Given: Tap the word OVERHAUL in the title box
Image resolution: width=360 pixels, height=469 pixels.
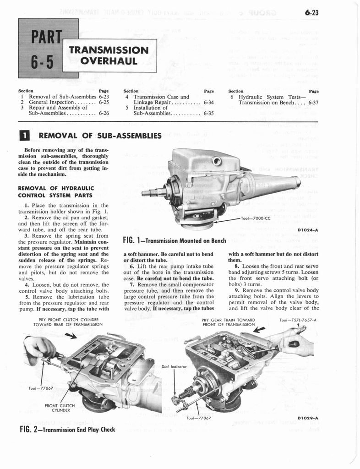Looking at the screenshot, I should [x=109, y=60].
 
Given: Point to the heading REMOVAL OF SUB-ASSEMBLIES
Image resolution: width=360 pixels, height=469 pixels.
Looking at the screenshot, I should [x=100, y=136].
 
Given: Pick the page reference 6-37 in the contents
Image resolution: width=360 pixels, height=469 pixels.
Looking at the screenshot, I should [x=313, y=103].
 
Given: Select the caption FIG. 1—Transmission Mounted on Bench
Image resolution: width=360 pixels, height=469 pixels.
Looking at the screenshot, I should [x=175, y=240].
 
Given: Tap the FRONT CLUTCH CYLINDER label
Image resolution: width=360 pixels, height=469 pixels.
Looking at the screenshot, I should [x=57, y=408].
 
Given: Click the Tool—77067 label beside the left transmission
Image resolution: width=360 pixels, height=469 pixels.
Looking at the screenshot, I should [x=40, y=388].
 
